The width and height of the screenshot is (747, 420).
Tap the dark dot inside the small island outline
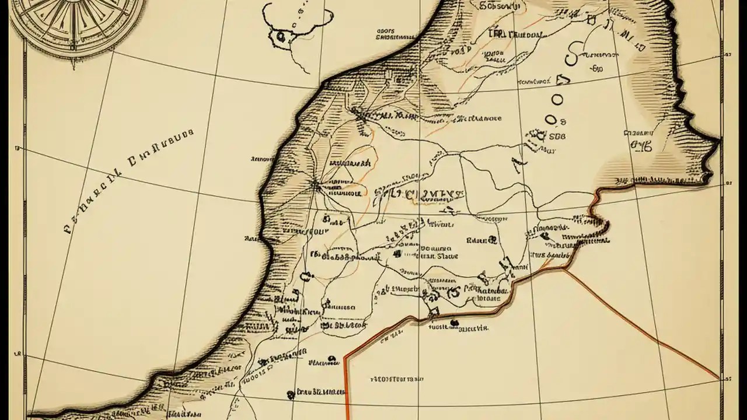[x=281, y=36]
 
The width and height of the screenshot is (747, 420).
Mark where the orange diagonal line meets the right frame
[x=719, y=379]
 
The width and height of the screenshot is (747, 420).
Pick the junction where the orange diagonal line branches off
[x=565, y=269]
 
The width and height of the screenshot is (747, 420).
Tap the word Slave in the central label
[x=448, y=256]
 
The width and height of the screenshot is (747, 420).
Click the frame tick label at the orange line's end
[x=727, y=379]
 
